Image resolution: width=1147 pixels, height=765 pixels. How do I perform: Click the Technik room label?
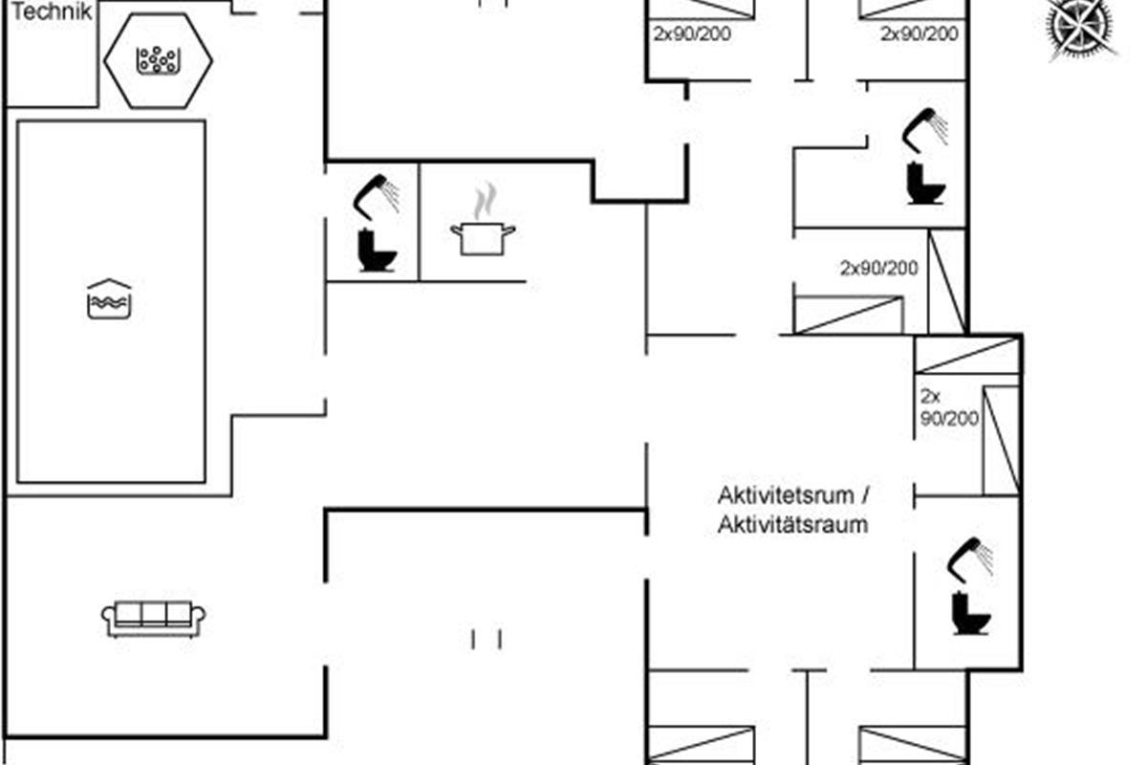coord(52,11)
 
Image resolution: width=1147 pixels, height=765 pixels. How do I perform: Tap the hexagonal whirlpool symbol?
coord(158,60)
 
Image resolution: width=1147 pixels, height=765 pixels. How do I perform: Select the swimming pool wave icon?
coord(109,299)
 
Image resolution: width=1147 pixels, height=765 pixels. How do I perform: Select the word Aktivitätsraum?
coord(792,524)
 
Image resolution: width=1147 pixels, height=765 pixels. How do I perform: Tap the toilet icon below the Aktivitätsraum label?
coord(971,613)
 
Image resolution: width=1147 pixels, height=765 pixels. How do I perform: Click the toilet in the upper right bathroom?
coord(925,184)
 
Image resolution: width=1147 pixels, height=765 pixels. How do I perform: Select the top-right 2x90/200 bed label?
coord(919,34)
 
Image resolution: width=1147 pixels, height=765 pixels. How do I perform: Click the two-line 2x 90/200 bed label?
coord(948,406)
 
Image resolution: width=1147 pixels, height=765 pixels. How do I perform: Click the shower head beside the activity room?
coord(969,557)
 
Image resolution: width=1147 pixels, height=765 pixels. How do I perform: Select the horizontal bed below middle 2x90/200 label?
coord(849,316)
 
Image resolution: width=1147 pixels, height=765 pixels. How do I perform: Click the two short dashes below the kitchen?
coord(486,639)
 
